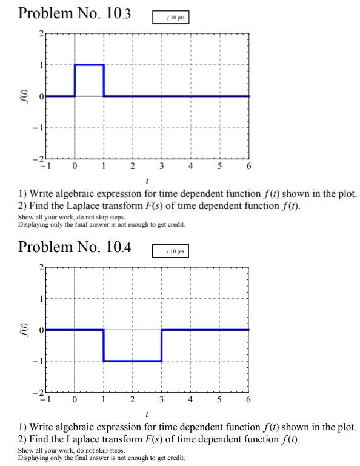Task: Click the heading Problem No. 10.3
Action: coord(75,13)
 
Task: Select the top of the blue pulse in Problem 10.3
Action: coord(89,64)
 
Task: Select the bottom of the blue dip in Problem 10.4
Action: coord(133,361)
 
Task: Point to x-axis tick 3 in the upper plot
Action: coord(161,165)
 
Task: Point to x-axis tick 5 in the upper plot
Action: coord(219,165)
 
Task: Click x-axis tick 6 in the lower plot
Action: coord(248,400)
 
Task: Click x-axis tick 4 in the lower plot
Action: coord(190,400)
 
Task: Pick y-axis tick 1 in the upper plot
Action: coord(41,64)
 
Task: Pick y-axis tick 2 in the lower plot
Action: coord(41,267)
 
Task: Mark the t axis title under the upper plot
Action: coord(147,181)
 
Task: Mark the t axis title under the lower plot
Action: coord(147,414)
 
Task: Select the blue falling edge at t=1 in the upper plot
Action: coord(104,80)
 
